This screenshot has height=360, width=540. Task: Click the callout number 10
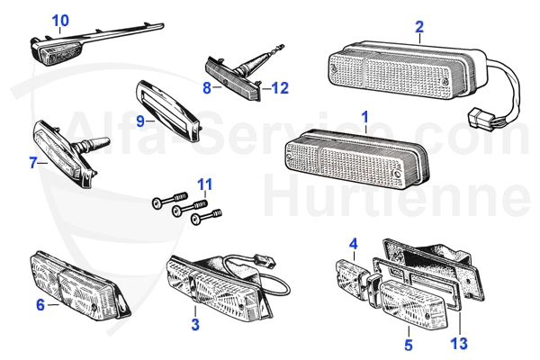coord(59,20)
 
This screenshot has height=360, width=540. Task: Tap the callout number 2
coord(419,26)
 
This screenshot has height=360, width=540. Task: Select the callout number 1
coord(364,117)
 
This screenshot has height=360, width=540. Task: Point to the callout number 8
coord(206,88)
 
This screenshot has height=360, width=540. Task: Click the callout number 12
coord(280,88)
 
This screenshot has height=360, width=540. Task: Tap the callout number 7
coord(32,163)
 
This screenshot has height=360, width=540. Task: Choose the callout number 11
coord(205,186)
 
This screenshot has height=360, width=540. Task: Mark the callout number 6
coord(40,305)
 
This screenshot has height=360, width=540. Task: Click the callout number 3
coord(194,324)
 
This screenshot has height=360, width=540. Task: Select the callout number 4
coord(354,243)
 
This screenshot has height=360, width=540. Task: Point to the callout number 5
coord(408,343)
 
